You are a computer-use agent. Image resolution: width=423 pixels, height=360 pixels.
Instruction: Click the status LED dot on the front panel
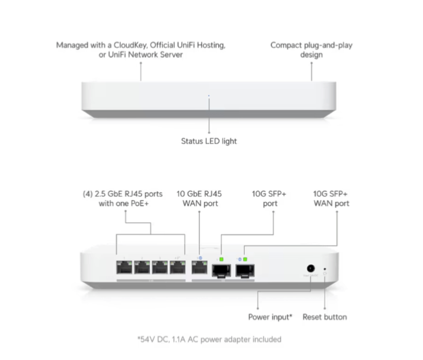pos(209,97)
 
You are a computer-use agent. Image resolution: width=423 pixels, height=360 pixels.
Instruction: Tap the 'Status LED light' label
pos(209,141)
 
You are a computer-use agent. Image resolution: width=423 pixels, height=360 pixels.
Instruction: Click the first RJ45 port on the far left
pos(124,266)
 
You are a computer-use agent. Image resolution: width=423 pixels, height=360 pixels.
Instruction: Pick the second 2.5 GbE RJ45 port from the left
pos(142,266)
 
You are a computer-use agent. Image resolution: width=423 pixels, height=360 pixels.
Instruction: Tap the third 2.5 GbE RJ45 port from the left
pos(159,266)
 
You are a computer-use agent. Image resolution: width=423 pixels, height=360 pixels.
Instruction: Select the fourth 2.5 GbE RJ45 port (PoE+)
pos(177,266)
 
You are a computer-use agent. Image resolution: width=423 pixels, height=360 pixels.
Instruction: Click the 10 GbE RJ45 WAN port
pos(200,266)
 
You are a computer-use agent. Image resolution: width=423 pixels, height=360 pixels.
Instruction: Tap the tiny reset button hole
pos(325,269)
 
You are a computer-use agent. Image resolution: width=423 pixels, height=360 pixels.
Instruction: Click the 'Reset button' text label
pos(325,316)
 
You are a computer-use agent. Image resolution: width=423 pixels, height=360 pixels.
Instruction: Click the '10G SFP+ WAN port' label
pos(331,198)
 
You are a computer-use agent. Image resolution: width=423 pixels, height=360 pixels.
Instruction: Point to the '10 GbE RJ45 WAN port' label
pos(200,198)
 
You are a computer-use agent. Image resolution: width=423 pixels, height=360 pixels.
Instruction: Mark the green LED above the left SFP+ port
pos(220,259)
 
